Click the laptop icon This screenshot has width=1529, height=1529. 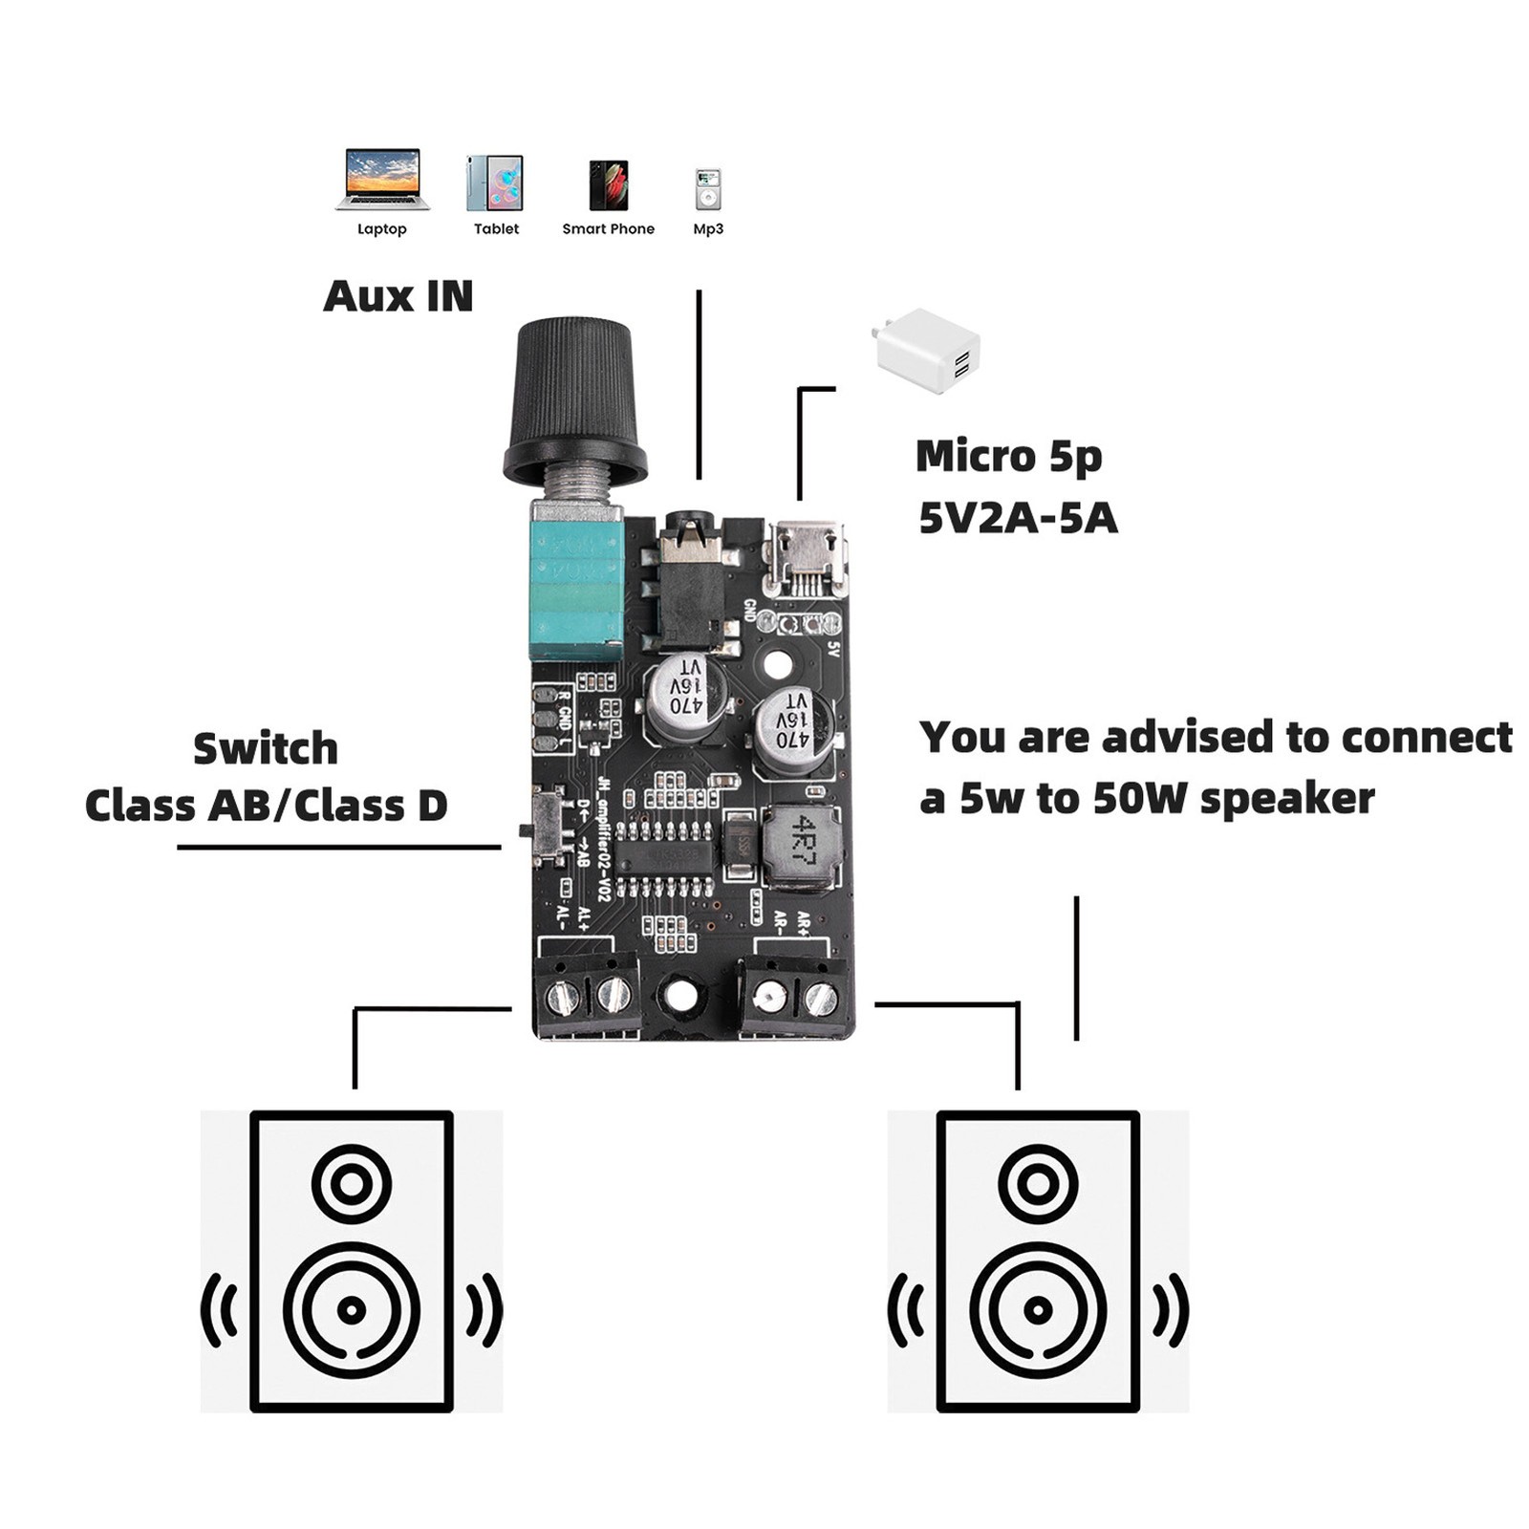[x=382, y=179]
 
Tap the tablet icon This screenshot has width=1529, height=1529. [x=495, y=183]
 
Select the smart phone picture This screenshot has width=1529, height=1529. [x=609, y=184]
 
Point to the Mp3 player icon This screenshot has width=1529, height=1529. [x=708, y=188]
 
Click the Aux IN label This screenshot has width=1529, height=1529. [x=398, y=296]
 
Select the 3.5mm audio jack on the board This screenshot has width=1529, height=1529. [x=690, y=583]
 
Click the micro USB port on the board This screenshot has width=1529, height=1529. [x=808, y=559]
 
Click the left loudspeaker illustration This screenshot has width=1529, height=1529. [x=352, y=1261]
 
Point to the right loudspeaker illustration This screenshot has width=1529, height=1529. [x=1038, y=1261]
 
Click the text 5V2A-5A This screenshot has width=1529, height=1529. [x=1018, y=518]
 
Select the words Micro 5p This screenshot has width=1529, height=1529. [x=1008, y=456]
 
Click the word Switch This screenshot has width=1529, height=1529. [x=266, y=748]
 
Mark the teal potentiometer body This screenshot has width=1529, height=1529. [x=576, y=585]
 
